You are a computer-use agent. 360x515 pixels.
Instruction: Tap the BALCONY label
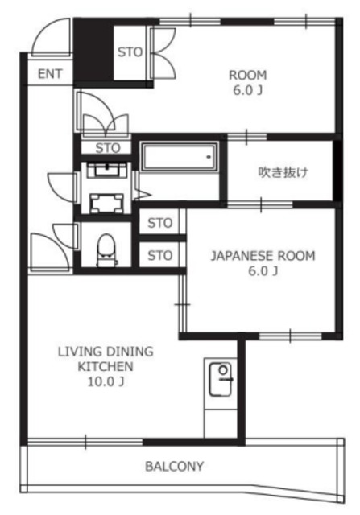click(x=174, y=466)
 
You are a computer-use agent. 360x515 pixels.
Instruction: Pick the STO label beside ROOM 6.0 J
click(x=130, y=51)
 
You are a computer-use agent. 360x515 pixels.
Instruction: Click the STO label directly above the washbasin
click(x=108, y=147)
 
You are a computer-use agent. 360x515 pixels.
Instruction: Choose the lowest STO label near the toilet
click(x=160, y=256)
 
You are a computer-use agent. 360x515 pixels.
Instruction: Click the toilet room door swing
click(x=47, y=245)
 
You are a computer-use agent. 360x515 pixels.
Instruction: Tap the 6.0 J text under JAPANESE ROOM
click(x=263, y=271)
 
